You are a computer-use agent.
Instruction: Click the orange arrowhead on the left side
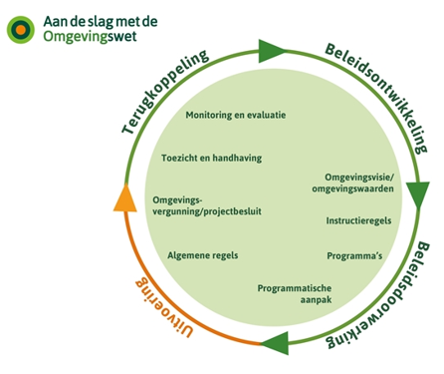click(123, 196)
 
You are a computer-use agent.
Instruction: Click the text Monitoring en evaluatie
click(236, 115)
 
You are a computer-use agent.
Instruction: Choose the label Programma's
click(355, 255)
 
